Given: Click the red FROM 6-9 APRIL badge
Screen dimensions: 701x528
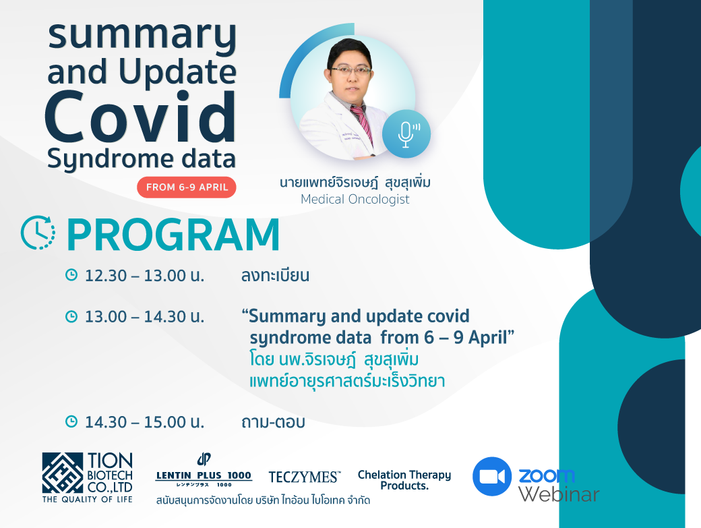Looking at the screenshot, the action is (187, 187).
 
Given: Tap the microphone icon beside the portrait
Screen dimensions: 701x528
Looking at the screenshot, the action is (406, 134).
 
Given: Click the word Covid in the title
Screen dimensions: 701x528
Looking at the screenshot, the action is (140, 117).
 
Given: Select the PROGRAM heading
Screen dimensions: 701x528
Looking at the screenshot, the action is (173, 235).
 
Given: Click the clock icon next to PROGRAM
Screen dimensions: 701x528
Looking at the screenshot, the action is (38, 233).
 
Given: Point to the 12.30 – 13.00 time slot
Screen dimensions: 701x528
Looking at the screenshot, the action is (144, 275).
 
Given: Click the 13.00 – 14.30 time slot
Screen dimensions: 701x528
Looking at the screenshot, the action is (144, 316).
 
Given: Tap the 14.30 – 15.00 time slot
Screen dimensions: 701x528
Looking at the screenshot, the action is (144, 422).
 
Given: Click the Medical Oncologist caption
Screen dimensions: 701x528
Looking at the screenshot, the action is (355, 200).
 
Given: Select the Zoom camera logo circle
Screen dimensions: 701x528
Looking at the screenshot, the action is (492, 476).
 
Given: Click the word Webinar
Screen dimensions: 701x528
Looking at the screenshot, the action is (559, 494).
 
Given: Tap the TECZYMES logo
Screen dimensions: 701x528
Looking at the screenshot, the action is (305, 477).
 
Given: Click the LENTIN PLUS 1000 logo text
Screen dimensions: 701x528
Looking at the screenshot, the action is (204, 475).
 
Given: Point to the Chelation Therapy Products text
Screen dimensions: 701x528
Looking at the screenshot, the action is (404, 480).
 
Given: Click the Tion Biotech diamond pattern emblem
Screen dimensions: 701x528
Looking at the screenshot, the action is (63, 473).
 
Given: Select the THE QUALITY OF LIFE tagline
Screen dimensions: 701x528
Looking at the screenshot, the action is (87, 500).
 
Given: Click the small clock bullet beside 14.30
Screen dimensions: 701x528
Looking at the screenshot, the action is (71, 421).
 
